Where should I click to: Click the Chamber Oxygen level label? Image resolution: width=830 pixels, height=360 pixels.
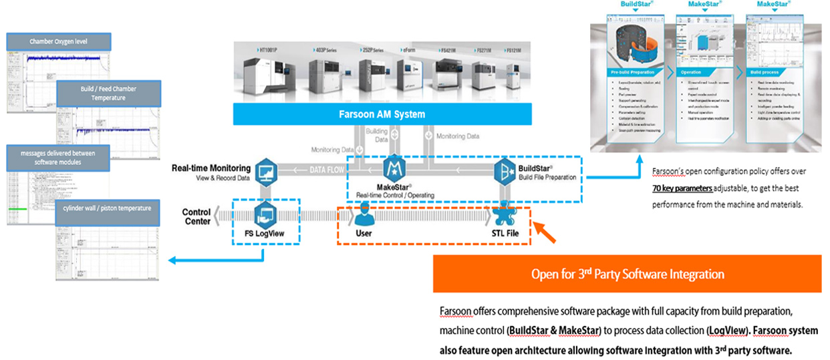pos(58,42)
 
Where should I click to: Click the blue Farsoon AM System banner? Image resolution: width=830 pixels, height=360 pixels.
pos(381,114)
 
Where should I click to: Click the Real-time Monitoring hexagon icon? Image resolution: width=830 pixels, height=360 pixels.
pos(266,170)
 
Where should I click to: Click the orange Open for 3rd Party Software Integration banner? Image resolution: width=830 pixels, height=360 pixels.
pos(628,274)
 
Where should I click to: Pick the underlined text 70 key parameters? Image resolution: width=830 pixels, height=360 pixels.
pos(682,188)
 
